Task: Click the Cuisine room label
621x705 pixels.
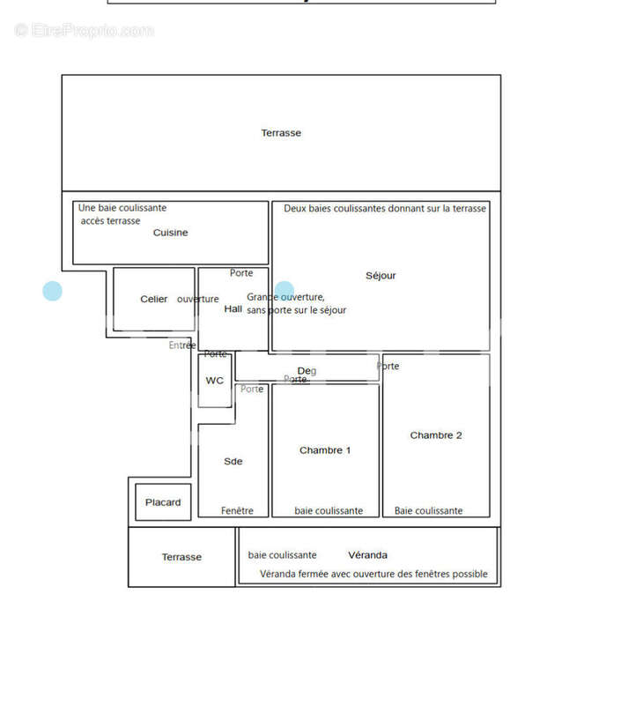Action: (170, 233)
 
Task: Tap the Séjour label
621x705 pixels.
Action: (381, 276)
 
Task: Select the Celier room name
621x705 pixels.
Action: (154, 300)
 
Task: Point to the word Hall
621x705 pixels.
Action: (233, 309)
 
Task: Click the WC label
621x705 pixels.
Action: (215, 381)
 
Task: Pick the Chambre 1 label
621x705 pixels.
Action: (325, 450)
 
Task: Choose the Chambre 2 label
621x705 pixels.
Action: (436, 435)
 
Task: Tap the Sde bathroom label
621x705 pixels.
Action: (233, 462)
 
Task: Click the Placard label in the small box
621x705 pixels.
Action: (163, 502)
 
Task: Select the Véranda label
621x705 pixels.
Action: (367, 555)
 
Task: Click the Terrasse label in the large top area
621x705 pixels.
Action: (281, 133)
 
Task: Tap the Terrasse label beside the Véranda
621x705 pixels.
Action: (181, 557)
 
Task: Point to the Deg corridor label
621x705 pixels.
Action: (307, 371)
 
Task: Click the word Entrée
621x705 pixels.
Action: (182, 345)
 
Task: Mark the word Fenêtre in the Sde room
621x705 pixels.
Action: (237, 511)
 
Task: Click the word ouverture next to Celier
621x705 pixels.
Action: (197, 300)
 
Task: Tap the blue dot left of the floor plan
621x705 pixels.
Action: (53, 291)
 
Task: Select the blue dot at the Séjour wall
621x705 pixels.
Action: (285, 290)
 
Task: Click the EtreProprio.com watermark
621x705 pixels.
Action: (85, 31)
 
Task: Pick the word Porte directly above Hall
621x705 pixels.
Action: (241, 273)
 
